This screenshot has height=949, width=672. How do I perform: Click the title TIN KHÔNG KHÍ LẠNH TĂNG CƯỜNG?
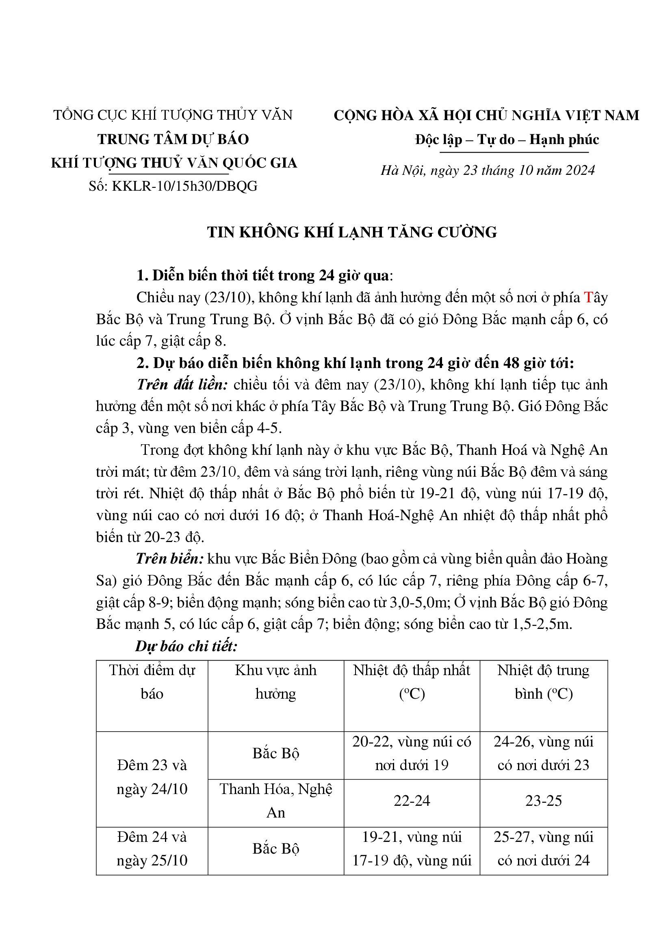click(352, 232)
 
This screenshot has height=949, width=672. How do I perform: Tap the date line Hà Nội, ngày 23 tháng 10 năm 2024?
click(488, 170)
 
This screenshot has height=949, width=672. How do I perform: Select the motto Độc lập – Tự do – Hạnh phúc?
click(507, 140)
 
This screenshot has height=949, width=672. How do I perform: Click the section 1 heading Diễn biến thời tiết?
click(263, 275)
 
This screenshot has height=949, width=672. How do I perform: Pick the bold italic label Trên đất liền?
click(182, 384)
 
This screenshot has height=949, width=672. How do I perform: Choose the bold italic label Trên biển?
click(170, 559)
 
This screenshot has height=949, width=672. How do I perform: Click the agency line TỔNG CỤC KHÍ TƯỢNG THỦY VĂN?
click(173, 115)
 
